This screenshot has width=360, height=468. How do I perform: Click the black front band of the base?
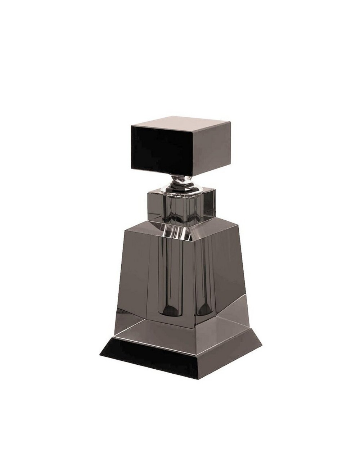click(x=151, y=358)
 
